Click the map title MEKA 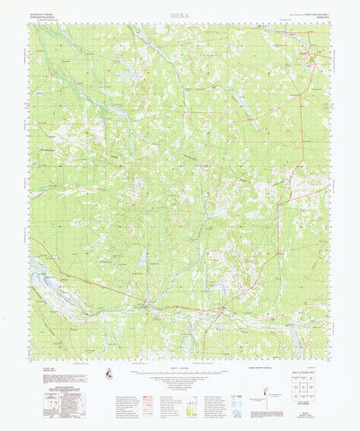(x=180, y=16)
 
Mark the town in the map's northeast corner (x=312, y=60)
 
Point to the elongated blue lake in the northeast (x=242, y=105)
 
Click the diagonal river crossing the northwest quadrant (x=72, y=81)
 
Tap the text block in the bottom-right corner (x=310, y=415)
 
